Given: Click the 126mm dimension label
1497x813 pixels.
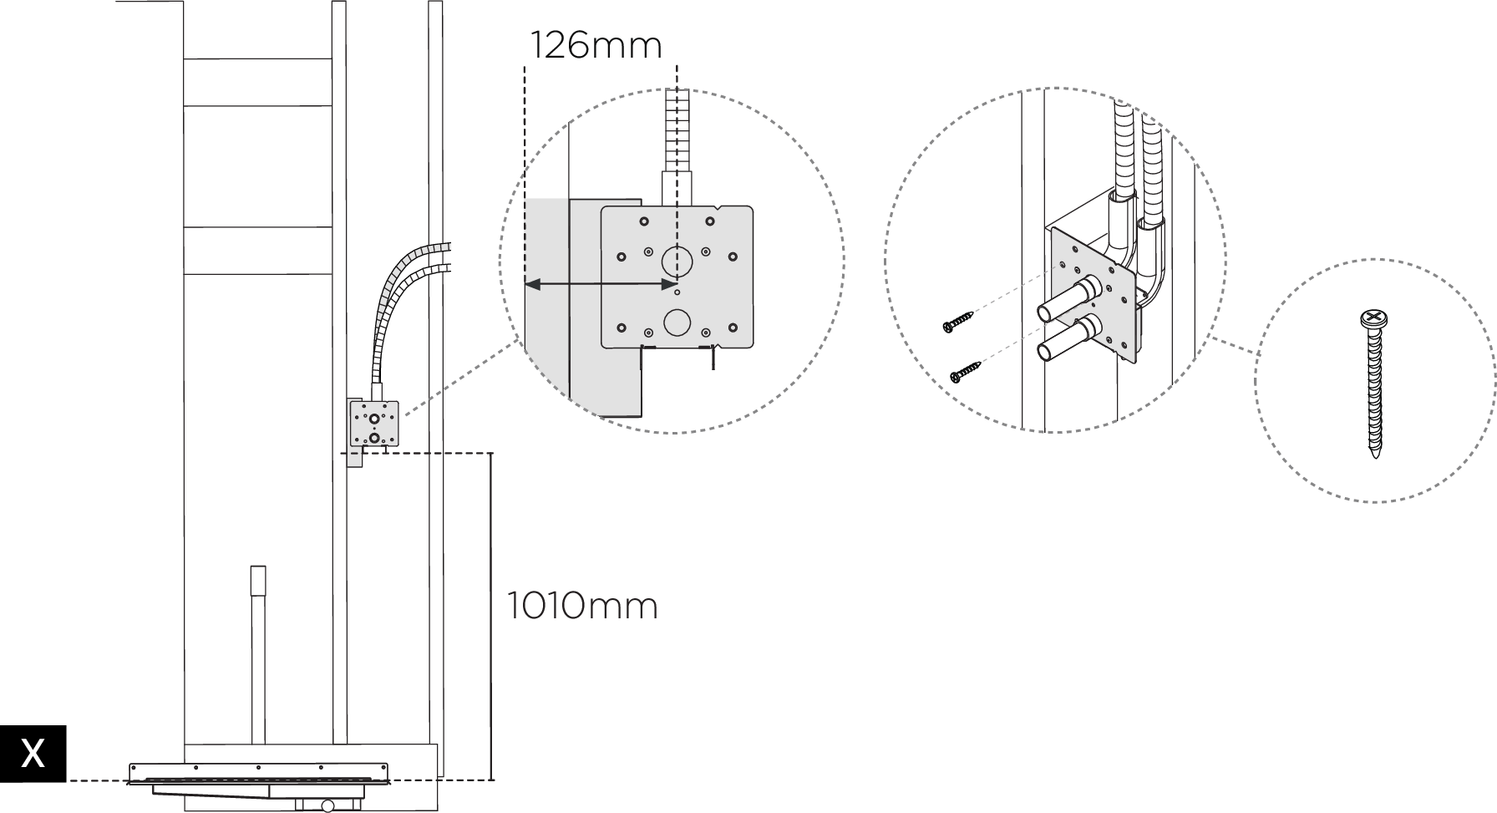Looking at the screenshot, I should [596, 45].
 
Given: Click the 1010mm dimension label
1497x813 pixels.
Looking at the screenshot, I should [582, 606].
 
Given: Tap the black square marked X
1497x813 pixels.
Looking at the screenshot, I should [33, 753].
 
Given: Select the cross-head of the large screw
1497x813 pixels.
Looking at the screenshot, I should [1373, 318].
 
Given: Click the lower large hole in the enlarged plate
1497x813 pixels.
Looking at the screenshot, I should [677, 322].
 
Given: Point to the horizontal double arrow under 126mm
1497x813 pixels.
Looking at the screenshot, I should [601, 286].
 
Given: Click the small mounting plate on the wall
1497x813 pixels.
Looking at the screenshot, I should [374, 424].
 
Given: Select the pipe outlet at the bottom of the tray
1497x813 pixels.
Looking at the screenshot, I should [327, 805].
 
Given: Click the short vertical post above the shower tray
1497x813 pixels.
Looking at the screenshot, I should [258, 652].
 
